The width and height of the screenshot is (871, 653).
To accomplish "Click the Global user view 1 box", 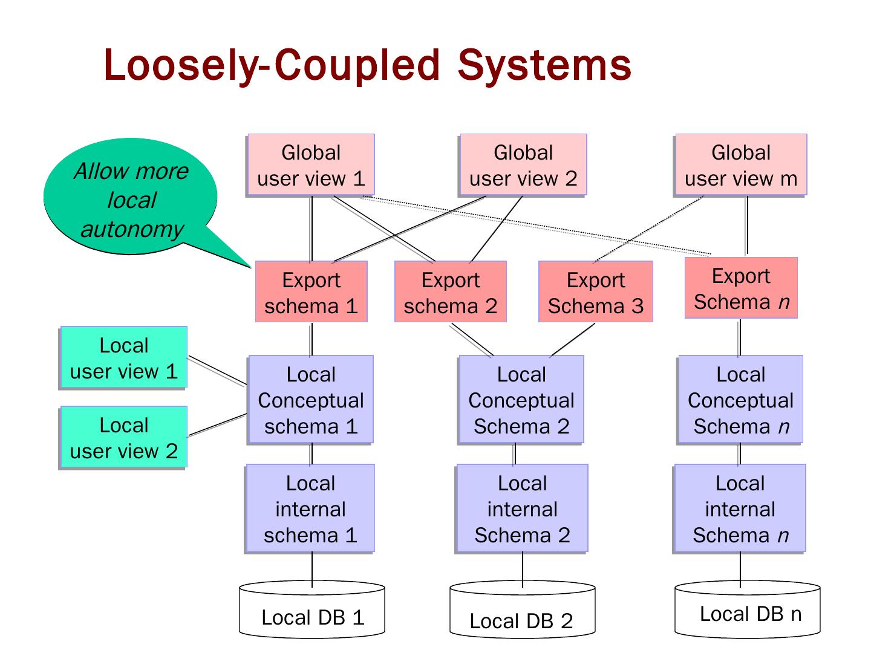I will click(311, 165).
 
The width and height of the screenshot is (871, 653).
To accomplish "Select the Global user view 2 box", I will click(523, 165).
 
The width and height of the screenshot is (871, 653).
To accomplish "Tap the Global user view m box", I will click(741, 165).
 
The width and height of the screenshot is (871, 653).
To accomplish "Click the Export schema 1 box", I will click(312, 292).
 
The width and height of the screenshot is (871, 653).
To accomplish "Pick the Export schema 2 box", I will click(451, 292).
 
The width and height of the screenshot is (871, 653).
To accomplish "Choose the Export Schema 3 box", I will click(596, 292).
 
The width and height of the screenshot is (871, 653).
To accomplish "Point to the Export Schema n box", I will click(741, 288).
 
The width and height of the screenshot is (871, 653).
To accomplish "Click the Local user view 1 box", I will click(123, 357).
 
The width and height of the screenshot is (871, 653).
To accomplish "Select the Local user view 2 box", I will click(123, 437).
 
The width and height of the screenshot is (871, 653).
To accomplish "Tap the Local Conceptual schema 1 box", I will click(311, 400).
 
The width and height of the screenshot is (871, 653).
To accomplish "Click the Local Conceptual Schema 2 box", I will click(521, 400).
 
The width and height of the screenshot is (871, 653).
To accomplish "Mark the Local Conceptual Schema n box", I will click(741, 400).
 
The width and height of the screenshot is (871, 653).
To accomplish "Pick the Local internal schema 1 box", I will click(310, 508).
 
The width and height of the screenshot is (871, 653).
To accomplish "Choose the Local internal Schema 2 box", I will click(522, 508).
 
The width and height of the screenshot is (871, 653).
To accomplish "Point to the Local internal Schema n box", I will click(740, 508).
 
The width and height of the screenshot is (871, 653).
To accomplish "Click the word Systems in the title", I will click(544, 65).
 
